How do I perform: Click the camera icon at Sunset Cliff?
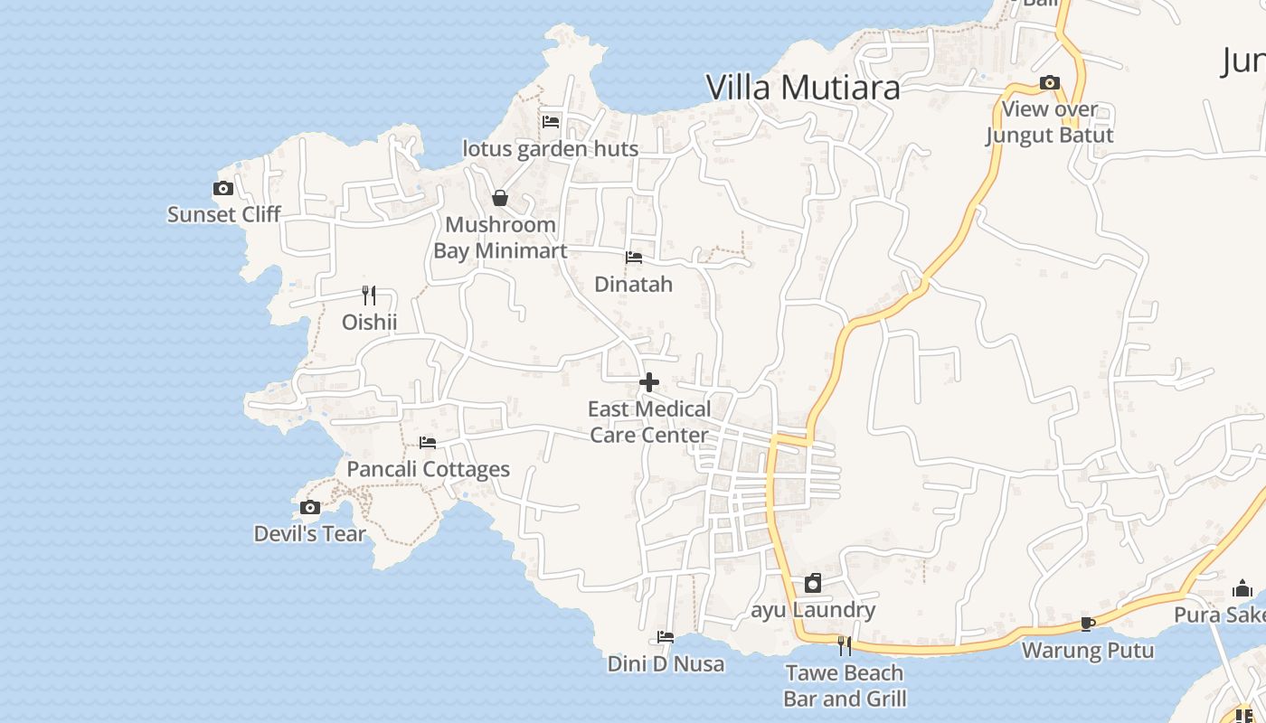pos(223,189)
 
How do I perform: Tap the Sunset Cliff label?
pos(224,214)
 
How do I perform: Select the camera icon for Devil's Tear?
pos(310,507)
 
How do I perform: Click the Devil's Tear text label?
pos(309,533)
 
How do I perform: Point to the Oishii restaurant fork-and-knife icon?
pos(368,296)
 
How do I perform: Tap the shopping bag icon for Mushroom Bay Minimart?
pos(500,198)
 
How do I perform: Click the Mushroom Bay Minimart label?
pos(500,238)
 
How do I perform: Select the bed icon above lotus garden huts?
pos(551,122)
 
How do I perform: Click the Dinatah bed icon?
pos(634,258)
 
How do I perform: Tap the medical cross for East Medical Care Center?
pos(649,383)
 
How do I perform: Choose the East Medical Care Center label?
pos(649,422)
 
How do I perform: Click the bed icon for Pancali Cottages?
pos(428,443)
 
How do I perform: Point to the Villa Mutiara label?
pos(802,88)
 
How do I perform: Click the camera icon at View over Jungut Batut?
pos(1049,83)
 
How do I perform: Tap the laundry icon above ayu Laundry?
pos(813,583)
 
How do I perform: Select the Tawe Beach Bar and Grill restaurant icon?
pos(844,646)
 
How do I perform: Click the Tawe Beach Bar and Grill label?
pos(845,685)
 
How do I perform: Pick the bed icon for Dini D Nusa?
pos(666,637)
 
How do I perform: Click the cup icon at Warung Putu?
pos(1088,624)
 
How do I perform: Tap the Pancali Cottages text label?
pos(429,469)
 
